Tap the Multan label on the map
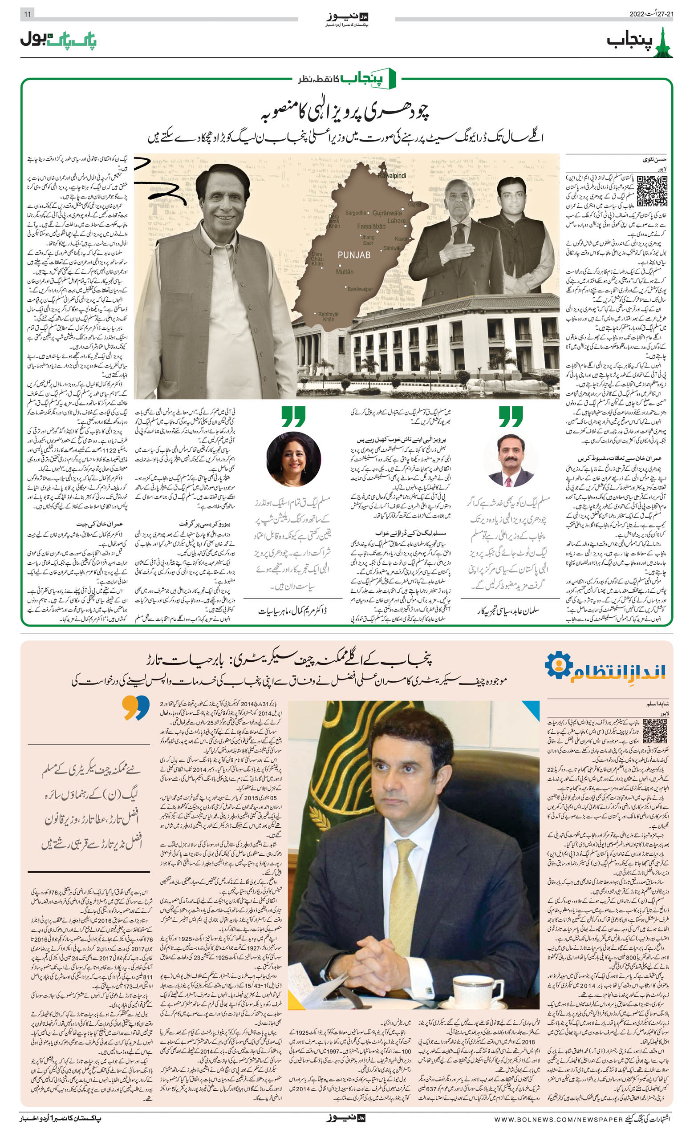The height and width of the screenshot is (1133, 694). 345,272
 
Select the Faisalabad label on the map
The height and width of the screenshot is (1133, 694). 371,226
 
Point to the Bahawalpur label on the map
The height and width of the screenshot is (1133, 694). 360,289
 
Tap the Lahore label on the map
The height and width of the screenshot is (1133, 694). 397,221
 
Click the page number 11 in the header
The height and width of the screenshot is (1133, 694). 27,14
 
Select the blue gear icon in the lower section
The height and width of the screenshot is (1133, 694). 559,665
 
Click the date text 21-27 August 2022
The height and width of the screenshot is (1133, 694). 651,14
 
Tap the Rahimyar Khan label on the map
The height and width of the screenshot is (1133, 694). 328,316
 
